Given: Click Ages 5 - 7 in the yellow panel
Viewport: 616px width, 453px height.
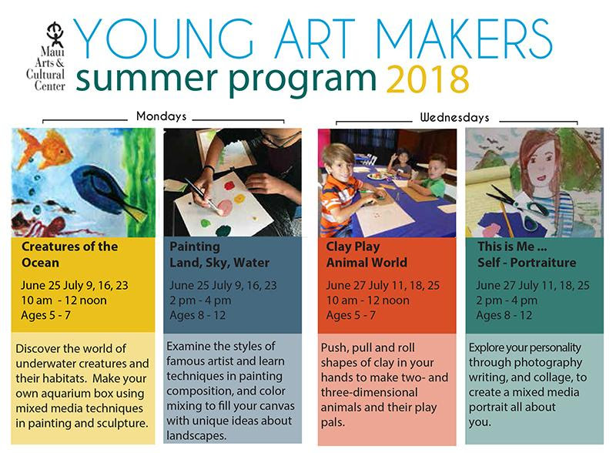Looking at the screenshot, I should [x=49, y=314].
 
